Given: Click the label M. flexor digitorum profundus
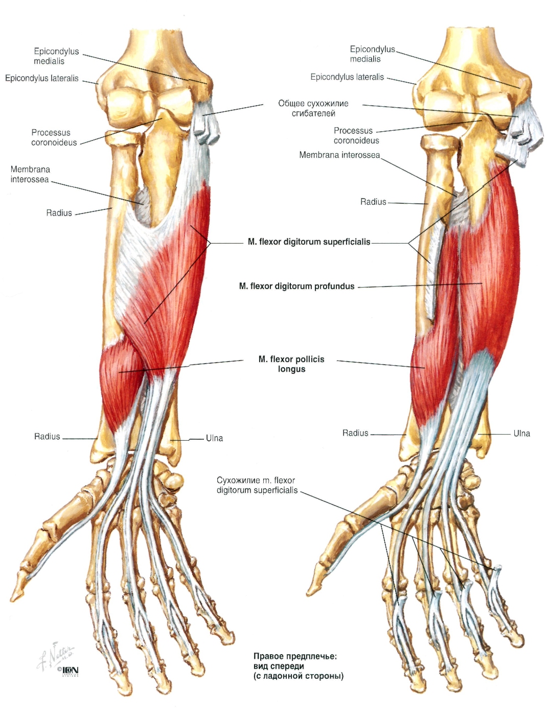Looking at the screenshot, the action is pyautogui.click(x=296, y=287).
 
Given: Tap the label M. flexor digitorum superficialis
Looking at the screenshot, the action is pyautogui.click(x=309, y=242).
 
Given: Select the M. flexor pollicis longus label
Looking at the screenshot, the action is pyautogui.click(x=291, y=364).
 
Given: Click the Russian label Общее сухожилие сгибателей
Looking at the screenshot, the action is pyautogui.click(x=313, y=108).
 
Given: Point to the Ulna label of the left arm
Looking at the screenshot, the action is pyautogui.click(x=214, y=438).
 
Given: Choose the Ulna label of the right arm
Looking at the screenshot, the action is pyautogui.click(x=522, y=434).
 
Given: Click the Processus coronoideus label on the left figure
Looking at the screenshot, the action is pyautogui.click(x=54, y=137).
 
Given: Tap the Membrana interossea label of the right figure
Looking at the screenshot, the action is pyautogui.click(x=339, y=155).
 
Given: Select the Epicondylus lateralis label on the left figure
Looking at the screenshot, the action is pyautogui.click(x=42, y=78).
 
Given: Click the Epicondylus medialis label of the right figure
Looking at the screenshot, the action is pyautogui.click(x=373, y=54).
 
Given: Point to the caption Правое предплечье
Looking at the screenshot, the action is pyautogui.click(x=295, y=656).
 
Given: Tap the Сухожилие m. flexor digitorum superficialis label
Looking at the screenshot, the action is pyautogui.click(x=257, y=485).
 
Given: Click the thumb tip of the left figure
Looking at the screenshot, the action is pyautogui.click(x=14, y=599).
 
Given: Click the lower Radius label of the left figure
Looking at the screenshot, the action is pyautogui.click(x=47, y=436).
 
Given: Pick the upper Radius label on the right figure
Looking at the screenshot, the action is pyautogui.click(x=373, y=202).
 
